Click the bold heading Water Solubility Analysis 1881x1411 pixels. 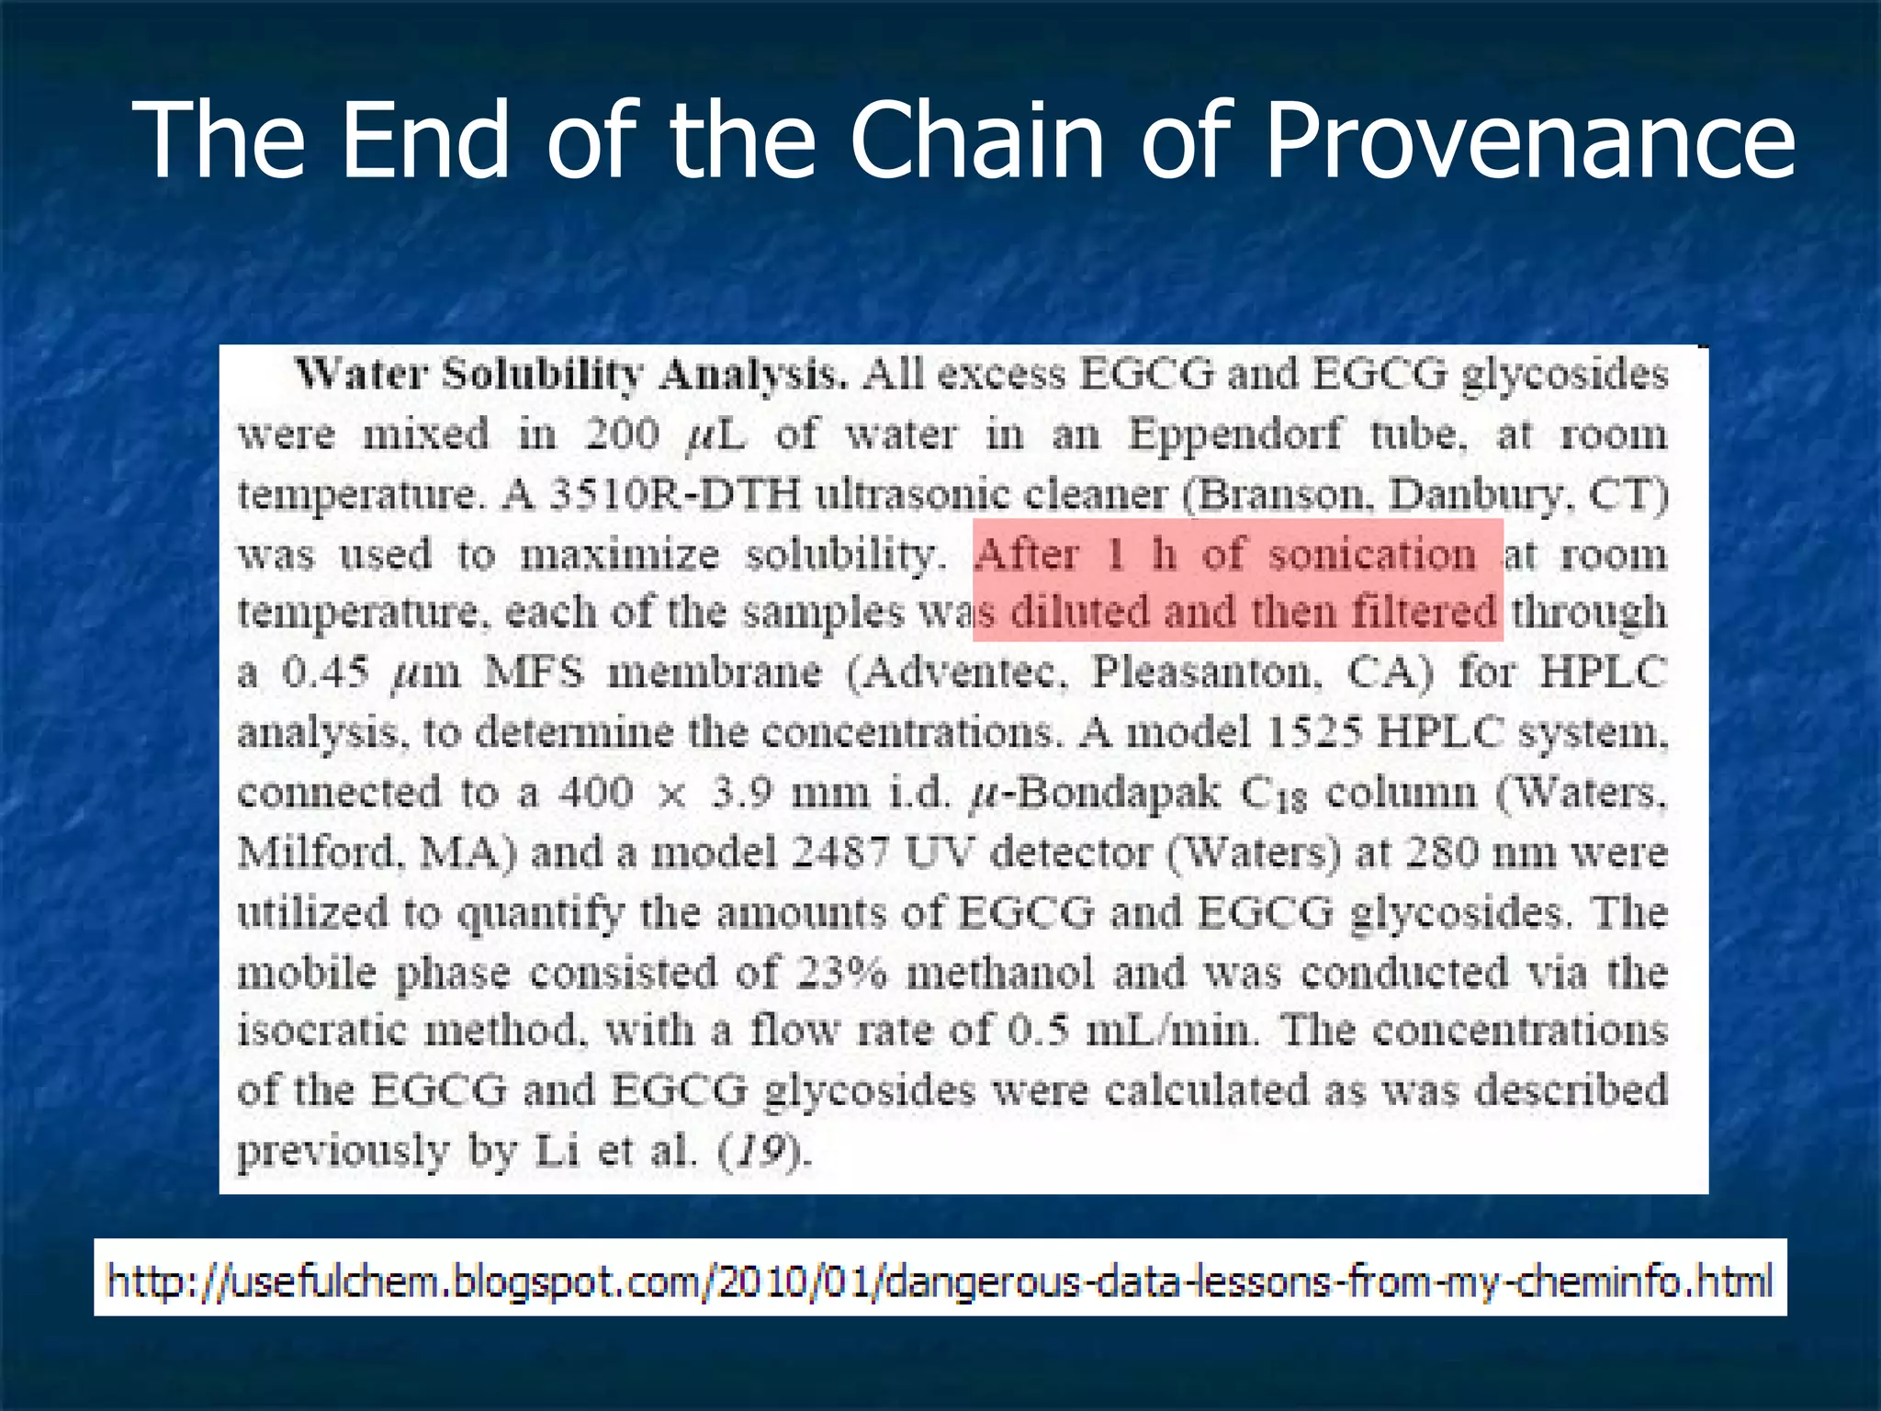point(570,375)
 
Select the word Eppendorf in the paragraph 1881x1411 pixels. point(1234,434)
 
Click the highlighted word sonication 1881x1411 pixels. point(1372,555)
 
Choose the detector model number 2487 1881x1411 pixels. point(840,852)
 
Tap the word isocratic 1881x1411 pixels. point(321,1031)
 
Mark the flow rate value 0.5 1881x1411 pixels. point(1038,1031)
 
